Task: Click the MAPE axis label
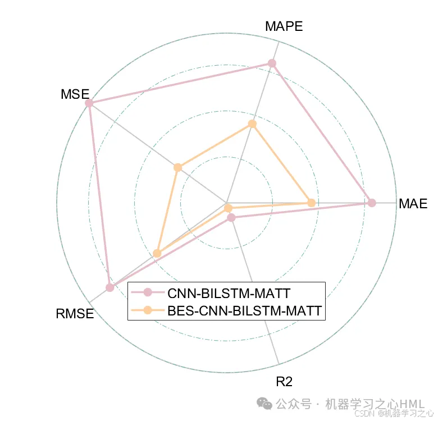click(x=284, y=26)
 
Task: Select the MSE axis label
click(x=75, y=94)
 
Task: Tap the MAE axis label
click(x=413, y=204)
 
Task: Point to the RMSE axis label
click(x=75, y=314)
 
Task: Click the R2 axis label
click(x=284, y=382)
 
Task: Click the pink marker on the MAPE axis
click(x=272, y=63)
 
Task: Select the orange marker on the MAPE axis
click(x=252, y=123)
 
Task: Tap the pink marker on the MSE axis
click(x=89, y=103)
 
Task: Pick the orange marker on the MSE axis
click(x=177, y=167)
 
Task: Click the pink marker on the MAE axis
click(x=371, y=203)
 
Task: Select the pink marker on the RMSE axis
click(x=110, y=288)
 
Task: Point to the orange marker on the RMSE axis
click(x=157, y=253)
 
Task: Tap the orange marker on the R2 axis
click(x=228, y=209)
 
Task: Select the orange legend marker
click(x=148, y=310)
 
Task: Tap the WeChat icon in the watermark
click(x=263, y=404)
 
